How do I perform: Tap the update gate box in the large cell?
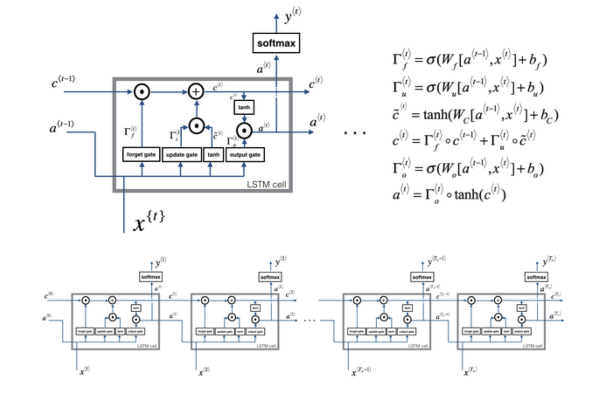[x=181, y=154]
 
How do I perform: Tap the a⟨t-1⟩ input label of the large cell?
[x=62, y=125]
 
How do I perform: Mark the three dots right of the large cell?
[x=355, y=133]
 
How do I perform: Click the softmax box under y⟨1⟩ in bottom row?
[x=152, y=277]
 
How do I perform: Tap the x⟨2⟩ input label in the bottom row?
[x=204, y=372]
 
